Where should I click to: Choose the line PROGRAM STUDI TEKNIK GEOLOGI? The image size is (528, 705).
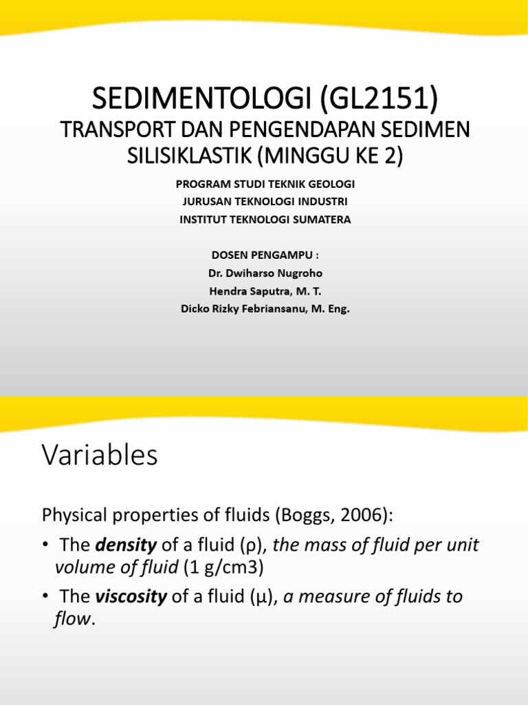pyautogui.click(x=265, y=185)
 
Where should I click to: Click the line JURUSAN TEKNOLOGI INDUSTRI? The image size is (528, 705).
pyautogui.click(x=265, y=202)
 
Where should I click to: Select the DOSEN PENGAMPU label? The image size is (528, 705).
pyautogui.click(x=265, y=255)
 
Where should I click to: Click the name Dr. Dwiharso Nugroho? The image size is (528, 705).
pyautogui.click(x=265, y=273)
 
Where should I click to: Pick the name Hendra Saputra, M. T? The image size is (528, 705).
pyautogui.click(x=265, y=291)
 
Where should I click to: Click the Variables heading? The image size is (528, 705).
pyautogui.click(x=100, y=455)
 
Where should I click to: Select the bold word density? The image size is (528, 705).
pyautogui.click(x=126, y=546)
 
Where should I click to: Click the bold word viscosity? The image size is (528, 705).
pyautogui.click(x=131, y=596)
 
